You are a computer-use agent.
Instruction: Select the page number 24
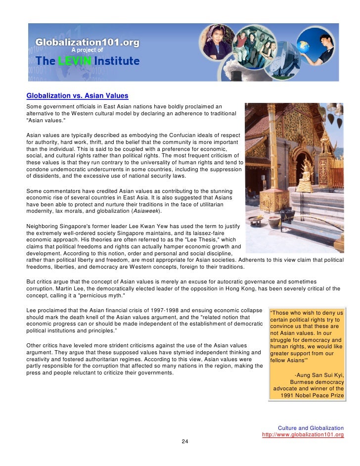coord(184,441)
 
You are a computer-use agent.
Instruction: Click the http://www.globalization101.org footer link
coord(303,435)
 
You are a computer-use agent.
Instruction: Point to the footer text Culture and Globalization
coord(311,427)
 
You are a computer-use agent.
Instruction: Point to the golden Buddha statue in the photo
coord(308,171)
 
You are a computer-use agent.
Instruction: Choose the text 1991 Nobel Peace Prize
coord(312,396)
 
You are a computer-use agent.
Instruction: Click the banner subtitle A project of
coord(87,50)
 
